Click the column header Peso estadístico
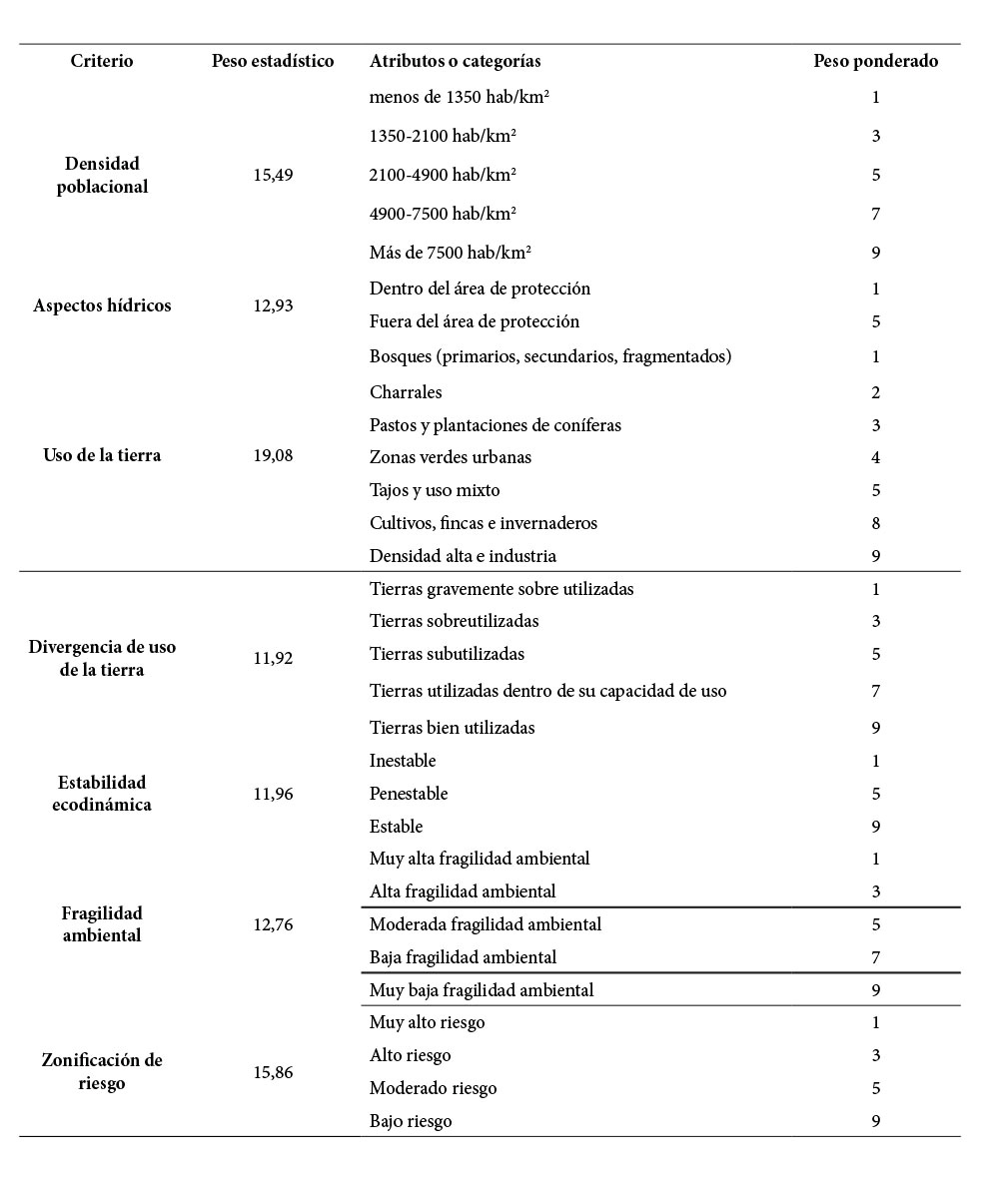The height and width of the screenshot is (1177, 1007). point(273,61)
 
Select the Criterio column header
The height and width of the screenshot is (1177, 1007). point(102,61)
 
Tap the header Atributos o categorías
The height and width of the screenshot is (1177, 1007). point(455,61)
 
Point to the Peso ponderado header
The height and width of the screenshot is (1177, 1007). point(875,61)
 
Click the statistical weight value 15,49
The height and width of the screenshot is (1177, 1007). point(273,175)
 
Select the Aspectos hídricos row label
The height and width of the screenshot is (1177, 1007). point(102,305)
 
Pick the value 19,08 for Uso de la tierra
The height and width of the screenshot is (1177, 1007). point(273,455)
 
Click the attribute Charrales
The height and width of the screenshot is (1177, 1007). point(406,392)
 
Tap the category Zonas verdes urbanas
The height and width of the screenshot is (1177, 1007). point(450,457)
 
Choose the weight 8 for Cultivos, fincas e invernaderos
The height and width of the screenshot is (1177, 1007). point(875,523)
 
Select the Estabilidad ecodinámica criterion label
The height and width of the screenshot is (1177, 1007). point(102,793)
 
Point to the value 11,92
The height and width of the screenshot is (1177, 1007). point(273,659)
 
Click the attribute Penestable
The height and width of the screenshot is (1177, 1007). point(409,794)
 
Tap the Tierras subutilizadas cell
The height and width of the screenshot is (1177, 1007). point(447,654)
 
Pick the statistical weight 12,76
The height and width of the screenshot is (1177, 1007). point(273,924)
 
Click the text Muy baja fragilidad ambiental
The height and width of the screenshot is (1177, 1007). point(482,990)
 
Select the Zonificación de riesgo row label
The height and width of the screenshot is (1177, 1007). point(102,1072)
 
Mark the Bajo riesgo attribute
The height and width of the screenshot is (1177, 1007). point(411,1121)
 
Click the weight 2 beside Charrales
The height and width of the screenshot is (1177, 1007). point(875,392)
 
